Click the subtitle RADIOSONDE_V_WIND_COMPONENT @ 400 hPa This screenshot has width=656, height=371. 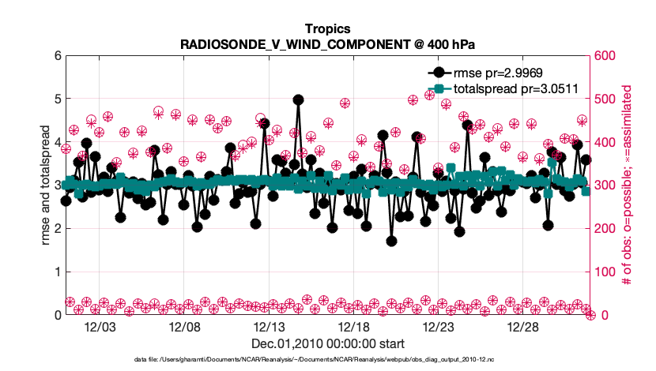coord(327,44)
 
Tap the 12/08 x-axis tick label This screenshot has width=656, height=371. coord(184,327)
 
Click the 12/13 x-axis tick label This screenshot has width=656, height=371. coord(269,327)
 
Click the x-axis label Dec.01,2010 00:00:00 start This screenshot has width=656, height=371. coord(327,343)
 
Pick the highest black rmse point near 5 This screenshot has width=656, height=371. coord(298,100)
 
